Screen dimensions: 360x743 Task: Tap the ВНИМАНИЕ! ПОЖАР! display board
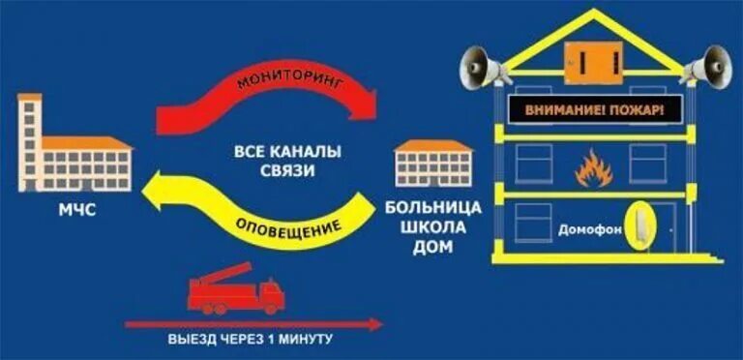pyautogui.click(x=595, y=111)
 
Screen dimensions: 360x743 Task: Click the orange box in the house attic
pyautogui.click(x=592, y=61)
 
